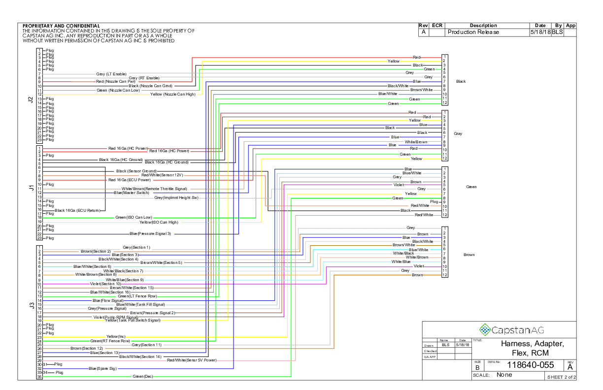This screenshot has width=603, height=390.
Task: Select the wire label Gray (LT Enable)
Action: point(111,74)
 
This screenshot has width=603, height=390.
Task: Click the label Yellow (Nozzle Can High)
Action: point(173,94)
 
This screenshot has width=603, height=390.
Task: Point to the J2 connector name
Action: point(30,99)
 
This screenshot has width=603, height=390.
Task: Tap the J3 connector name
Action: point(30,306)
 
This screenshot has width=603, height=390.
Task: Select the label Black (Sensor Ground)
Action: point(136,171)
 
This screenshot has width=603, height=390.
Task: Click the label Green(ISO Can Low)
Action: point(134,217)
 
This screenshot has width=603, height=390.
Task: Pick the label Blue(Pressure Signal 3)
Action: point(150,233)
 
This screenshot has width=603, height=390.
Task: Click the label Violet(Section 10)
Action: point(105,284)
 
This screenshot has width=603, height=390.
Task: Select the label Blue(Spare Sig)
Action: point(102,368)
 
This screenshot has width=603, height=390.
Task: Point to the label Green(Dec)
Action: point(143,377)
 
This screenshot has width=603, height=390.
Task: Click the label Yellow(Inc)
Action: point(116,336)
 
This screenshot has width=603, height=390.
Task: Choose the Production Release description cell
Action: point(473,32)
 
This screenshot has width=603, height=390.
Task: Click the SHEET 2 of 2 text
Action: point(561,377)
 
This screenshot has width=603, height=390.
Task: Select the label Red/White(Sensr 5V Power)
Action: point(192,360)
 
